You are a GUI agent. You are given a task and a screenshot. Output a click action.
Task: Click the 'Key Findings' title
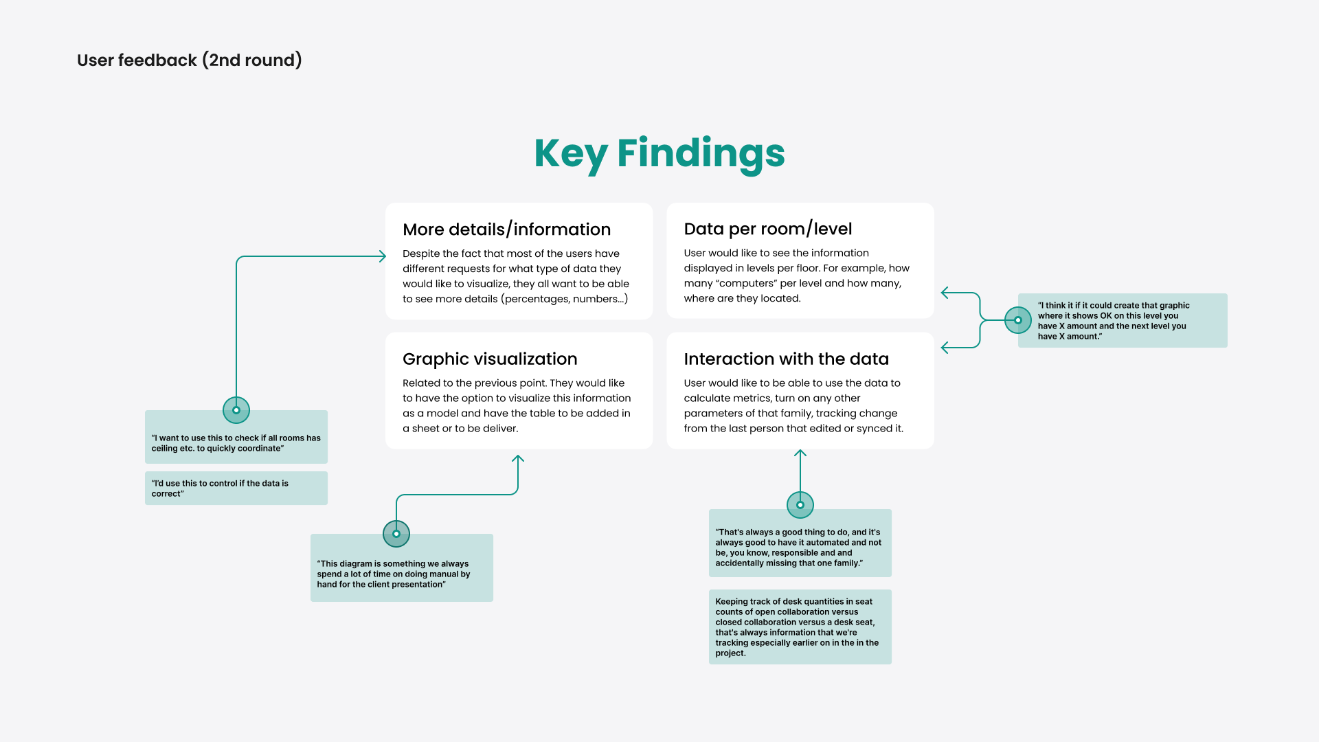[x=659, y=153]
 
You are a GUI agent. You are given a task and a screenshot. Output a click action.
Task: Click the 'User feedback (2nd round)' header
[x=190, y=60]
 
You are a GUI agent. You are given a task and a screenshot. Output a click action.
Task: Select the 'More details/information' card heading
[x=506, y=229]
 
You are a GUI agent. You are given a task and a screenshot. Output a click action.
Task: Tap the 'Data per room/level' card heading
[x=767, y=229]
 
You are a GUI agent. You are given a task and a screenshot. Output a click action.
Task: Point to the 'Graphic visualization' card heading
[x=490, y=359]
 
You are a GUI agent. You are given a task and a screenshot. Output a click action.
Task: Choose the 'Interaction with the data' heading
[x=786, y=359]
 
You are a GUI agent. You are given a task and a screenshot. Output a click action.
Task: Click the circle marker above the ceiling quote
[x=236, y=410]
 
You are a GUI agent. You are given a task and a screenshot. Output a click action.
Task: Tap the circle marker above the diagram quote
[x=396, y=534]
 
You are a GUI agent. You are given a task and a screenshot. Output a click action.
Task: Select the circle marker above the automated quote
[x=800, y=505]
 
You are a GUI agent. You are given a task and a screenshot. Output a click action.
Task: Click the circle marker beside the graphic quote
[x=1018, y=320]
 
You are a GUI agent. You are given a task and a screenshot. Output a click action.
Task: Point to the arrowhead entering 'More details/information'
[x=383, y=256]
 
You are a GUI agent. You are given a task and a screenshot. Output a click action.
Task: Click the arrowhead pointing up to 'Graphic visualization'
[x=519, y=458]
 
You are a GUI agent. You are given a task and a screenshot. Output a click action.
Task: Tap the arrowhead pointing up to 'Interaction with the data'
[x=800, y=453]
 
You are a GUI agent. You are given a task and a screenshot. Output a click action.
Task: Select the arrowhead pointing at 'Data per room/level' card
[x=945, y=293]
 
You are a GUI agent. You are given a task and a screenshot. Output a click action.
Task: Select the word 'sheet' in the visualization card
[x=427, y=429]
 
